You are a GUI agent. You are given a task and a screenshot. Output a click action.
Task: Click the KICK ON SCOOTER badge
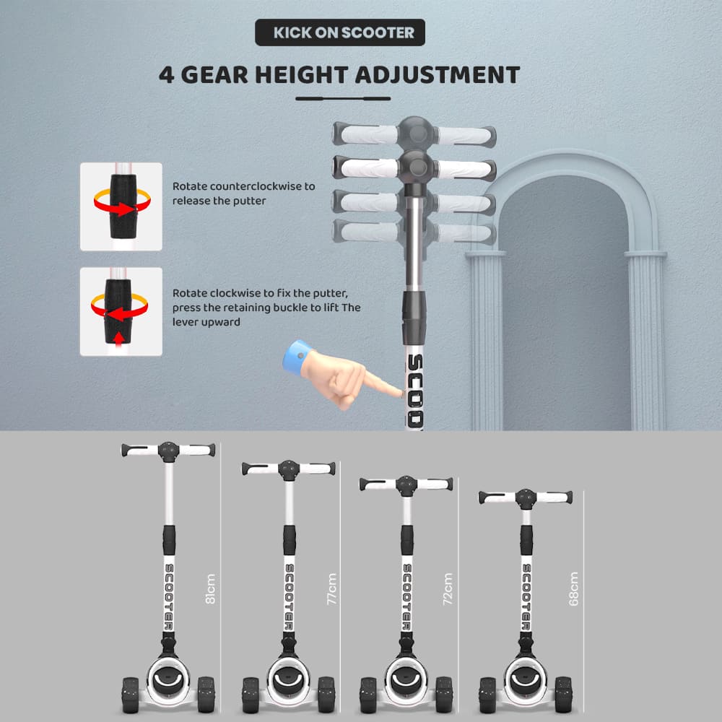point(340,32)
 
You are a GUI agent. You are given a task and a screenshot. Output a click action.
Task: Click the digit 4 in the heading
point(166,75)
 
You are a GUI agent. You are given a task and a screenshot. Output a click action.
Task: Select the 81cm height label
point(210,588)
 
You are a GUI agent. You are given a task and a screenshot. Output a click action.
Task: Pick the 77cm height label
point(331,588)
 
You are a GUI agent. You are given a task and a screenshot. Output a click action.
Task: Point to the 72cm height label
point(448,588)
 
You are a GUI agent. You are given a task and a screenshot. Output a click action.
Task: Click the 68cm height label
point(573,588)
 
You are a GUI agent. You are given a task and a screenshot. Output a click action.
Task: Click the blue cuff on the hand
point(296,357)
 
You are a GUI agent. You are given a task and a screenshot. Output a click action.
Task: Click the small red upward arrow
point(119,339)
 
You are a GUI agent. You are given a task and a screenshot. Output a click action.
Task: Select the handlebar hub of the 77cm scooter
point(289,470)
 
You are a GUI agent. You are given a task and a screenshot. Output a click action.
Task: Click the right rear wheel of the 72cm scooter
point(444,695)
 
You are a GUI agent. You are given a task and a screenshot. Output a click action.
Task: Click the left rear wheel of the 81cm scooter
point(131,695)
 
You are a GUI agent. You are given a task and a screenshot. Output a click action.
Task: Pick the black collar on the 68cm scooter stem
point(526,539)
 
